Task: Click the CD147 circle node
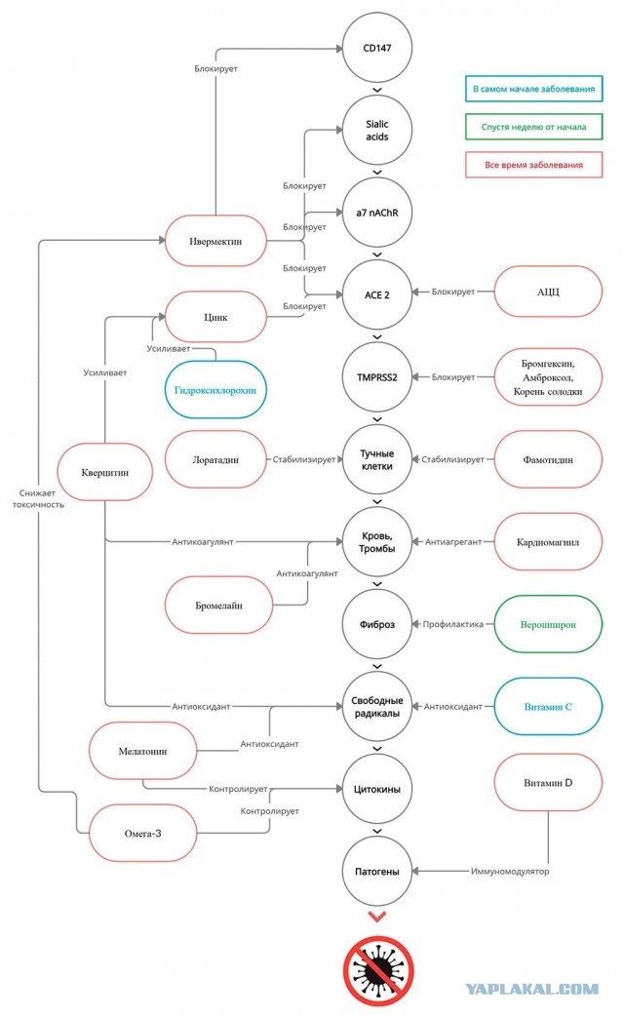coord(377,48)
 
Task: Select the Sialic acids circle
coord(377,131)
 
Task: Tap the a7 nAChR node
coord(377,213)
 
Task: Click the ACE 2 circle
coord(377,294)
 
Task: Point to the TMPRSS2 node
coord(377,377)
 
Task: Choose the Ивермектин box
coord(215,241)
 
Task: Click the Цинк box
coord(215,317)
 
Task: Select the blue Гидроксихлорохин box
coord(215,390)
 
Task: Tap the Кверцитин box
coord(105,472)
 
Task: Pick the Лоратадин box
coord(215,459)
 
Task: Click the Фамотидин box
coord(548,459)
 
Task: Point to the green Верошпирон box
coord(548,625)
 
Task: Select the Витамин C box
coord(548,707)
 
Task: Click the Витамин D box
coord(548,783)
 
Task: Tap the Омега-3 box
coord(143,834)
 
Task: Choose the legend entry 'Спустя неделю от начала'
coord(533,127)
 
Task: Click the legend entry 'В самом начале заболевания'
coord(533,89)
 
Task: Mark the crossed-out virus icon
coord(378,970)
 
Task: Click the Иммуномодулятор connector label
coord(510,872)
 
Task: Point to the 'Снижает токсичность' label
coord(38,498)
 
